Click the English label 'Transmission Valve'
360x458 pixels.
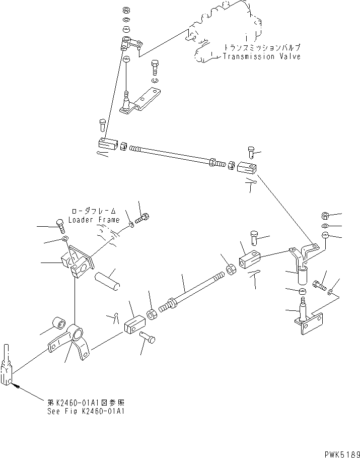[x=262, y=56]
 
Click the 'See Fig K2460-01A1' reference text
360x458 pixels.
[x=84, y=411]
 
